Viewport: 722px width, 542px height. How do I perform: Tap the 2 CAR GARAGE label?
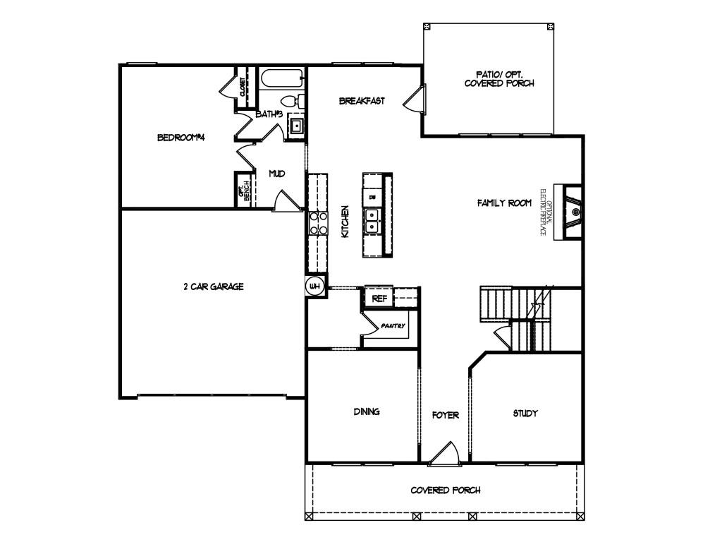click(213, 287)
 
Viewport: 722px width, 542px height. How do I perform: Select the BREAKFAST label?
click(362, 101)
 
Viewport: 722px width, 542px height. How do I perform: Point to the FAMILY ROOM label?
click(504, 203)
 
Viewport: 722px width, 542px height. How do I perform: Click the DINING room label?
click(367, 411)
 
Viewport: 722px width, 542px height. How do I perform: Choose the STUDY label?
click(525, 413)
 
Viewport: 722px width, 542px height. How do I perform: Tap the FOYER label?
click(446, 415)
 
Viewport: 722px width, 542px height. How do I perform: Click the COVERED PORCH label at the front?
click(446, 490)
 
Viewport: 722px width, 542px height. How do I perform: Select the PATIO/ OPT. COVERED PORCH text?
click(499, 78)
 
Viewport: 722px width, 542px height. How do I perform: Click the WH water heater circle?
click(315, 286)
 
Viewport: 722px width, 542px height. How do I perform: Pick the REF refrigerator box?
click(379, 299)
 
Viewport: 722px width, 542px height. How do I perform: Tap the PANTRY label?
click(393, 326)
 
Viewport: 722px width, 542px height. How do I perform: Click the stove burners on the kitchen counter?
click(318, 222)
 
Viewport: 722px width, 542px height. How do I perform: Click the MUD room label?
click(276, 174)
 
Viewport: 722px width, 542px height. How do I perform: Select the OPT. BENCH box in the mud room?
click(244, 190)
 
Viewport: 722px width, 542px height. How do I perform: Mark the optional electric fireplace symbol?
click(568, 211)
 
